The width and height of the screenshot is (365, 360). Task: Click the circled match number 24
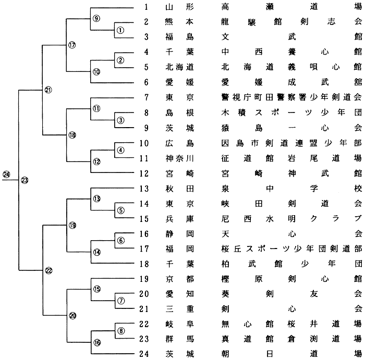pyautogui.click(x=6, y=173)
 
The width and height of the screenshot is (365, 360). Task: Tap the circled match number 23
pyautogui.click(x=25, y=180)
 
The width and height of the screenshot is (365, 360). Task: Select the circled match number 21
pyautogui.click(x=48, y=90)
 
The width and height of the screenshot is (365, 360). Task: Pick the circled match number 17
pyautogui.click(x=72, y=45)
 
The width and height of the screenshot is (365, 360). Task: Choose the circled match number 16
pyautogui.click(x=96, y=342)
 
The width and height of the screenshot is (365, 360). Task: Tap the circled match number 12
pyautogui.click(x=96, y=162)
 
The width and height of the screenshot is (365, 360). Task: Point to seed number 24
pyautogui.click(x=144, y=354)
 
